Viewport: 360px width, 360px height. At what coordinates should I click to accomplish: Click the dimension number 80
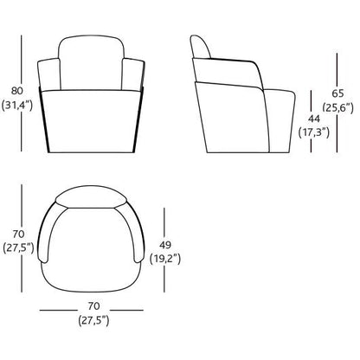tap(16, 91)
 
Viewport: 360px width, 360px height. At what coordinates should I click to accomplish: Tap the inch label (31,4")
tap(17, 105)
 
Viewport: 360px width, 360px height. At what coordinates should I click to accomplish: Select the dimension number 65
tap(337, 93)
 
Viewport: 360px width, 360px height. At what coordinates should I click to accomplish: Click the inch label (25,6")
tap(337, 107)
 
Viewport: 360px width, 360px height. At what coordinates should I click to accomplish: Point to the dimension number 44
tap(314, 119)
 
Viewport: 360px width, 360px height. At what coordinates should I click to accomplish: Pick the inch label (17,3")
tap(314, 132)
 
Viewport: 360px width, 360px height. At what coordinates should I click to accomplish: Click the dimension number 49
tap(165, 245)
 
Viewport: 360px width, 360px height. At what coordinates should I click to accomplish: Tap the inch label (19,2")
tap(165, 259)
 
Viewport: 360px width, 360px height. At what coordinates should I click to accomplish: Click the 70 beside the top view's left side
tap(18, 234)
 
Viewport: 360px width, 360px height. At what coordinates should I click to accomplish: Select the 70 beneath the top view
tap(93, 305)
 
